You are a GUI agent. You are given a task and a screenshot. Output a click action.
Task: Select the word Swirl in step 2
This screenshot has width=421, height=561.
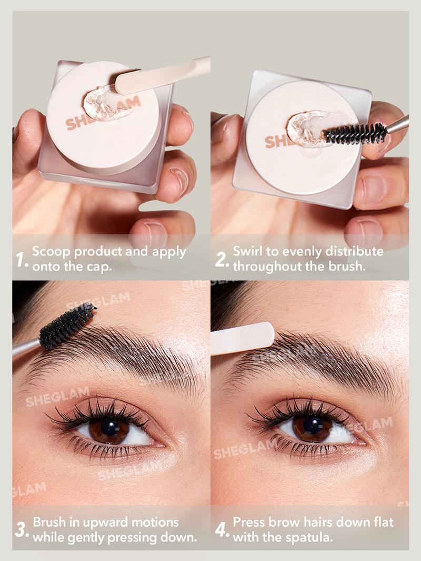248,251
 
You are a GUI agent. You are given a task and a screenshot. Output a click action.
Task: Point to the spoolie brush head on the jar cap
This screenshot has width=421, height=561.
356,134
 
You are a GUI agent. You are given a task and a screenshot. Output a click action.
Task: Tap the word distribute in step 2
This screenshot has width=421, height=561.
355,251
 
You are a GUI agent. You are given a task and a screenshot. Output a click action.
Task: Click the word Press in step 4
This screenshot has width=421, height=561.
249,523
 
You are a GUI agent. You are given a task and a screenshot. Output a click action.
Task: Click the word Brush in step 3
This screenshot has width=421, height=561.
49,523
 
